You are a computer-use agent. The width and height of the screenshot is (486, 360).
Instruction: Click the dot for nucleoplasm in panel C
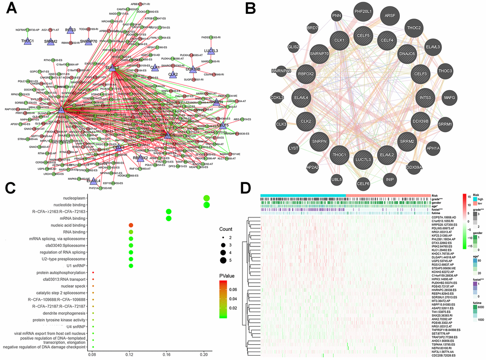pos(206,198)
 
